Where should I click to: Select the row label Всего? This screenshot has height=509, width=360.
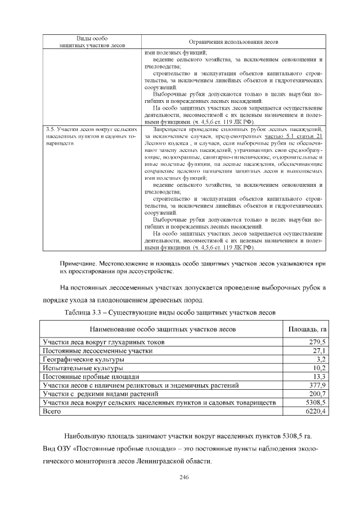(52, 411)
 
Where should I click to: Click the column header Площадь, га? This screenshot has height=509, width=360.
(308, 328)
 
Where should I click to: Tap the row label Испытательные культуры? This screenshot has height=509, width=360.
(82, 368)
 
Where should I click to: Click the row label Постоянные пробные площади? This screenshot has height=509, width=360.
(89, 376)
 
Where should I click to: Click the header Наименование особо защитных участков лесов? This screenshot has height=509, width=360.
(161, 328)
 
